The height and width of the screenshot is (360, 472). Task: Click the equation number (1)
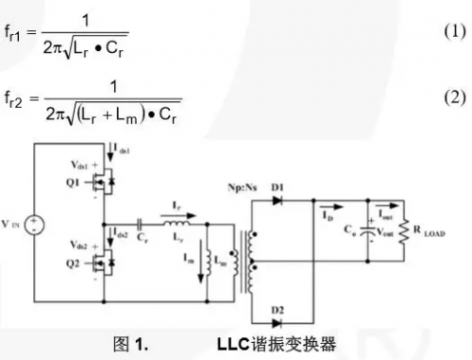[x=454, y=31]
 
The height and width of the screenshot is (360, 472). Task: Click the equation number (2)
[x=454, y=97]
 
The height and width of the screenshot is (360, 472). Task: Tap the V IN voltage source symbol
[x=35, y=226]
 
